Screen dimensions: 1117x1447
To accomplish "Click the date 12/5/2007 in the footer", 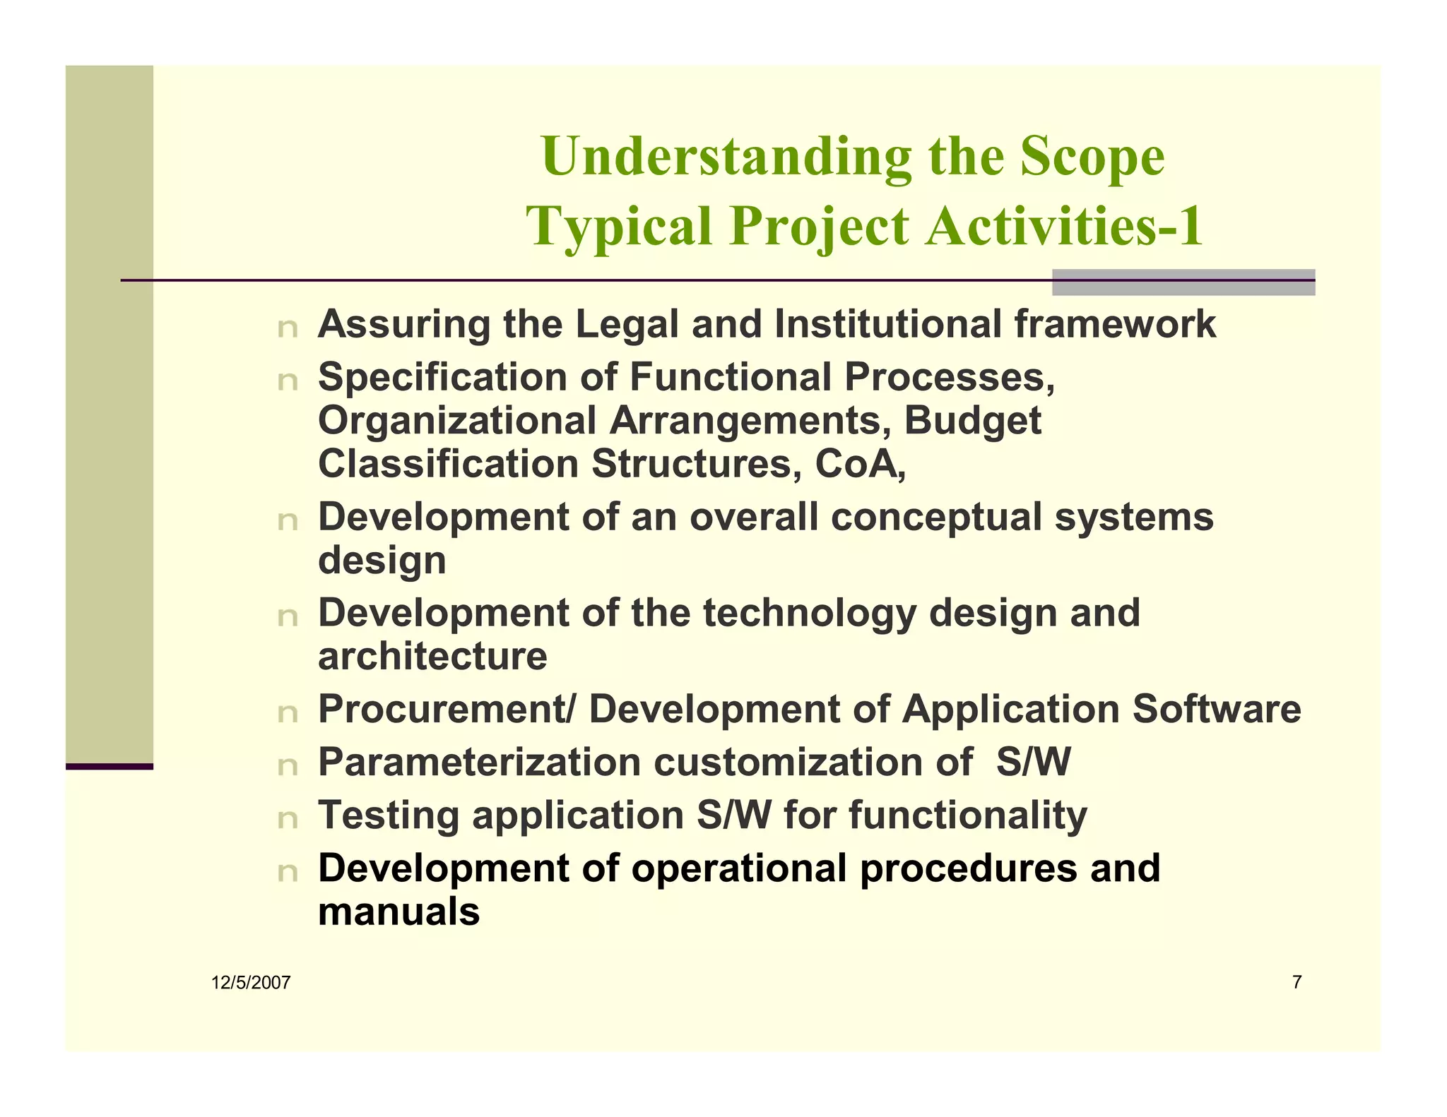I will pyautogui.click(x=251, y=983).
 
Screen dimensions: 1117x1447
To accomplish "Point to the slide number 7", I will pyautogui.click(x=1297, y=982).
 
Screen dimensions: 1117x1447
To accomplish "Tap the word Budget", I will pyautogui.click(x=972, y=421).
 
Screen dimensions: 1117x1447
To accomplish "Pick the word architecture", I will pyautogui.click(x=432, y=657).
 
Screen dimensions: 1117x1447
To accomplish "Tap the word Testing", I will pyautogui.click(x=389, y=816).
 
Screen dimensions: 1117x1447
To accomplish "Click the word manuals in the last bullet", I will pyautogui.click(x=398, y=912).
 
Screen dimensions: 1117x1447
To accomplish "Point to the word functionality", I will pyautogui.click(x=968, y=816).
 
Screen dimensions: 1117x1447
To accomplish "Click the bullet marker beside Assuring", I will pyautogui.click(x=288, y=328).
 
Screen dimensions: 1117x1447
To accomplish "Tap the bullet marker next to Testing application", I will pyautogui.click(x=288, y=820).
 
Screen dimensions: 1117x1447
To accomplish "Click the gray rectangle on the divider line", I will pyautogui.click(x=1183, y=282).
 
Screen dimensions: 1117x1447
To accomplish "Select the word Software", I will pyautogui.click(x=1217, y=709).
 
